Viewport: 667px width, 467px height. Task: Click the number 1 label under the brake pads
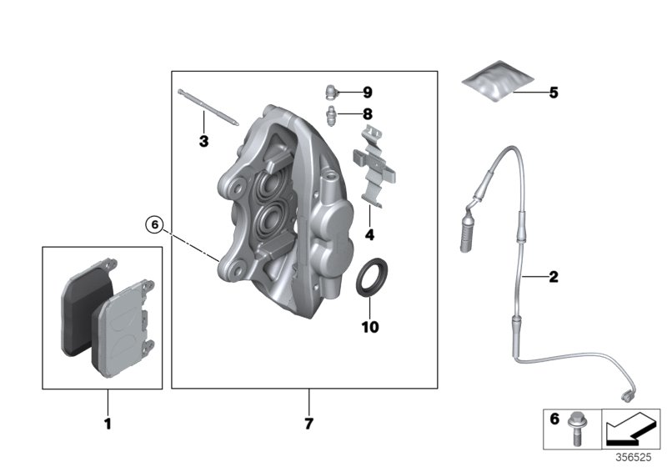click(107, 424)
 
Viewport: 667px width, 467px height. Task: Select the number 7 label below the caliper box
click(308, 424)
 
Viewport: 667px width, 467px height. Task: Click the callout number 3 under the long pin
click(203, 142)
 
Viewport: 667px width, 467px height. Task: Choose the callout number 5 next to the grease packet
click(552, 93)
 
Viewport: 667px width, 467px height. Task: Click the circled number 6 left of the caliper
click(153, 223)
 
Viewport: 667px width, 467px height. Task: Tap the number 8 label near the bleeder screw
click(368, 114)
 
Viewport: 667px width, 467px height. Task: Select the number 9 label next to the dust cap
click(368, 92)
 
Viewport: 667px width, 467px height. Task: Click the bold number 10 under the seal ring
click(369, 327)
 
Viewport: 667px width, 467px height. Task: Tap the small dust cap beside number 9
click(331, 91)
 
